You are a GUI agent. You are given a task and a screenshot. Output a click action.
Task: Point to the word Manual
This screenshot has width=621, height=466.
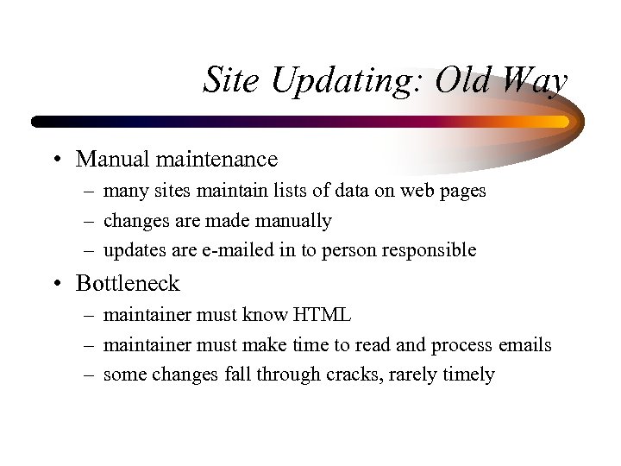tap(108, 159)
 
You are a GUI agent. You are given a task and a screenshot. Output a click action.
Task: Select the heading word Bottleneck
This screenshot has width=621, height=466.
tap(128, 283)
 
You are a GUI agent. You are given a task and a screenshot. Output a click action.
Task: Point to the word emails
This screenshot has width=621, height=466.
tap(524, 345)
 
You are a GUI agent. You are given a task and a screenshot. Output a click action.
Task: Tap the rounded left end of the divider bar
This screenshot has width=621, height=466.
tap(37, 123)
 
